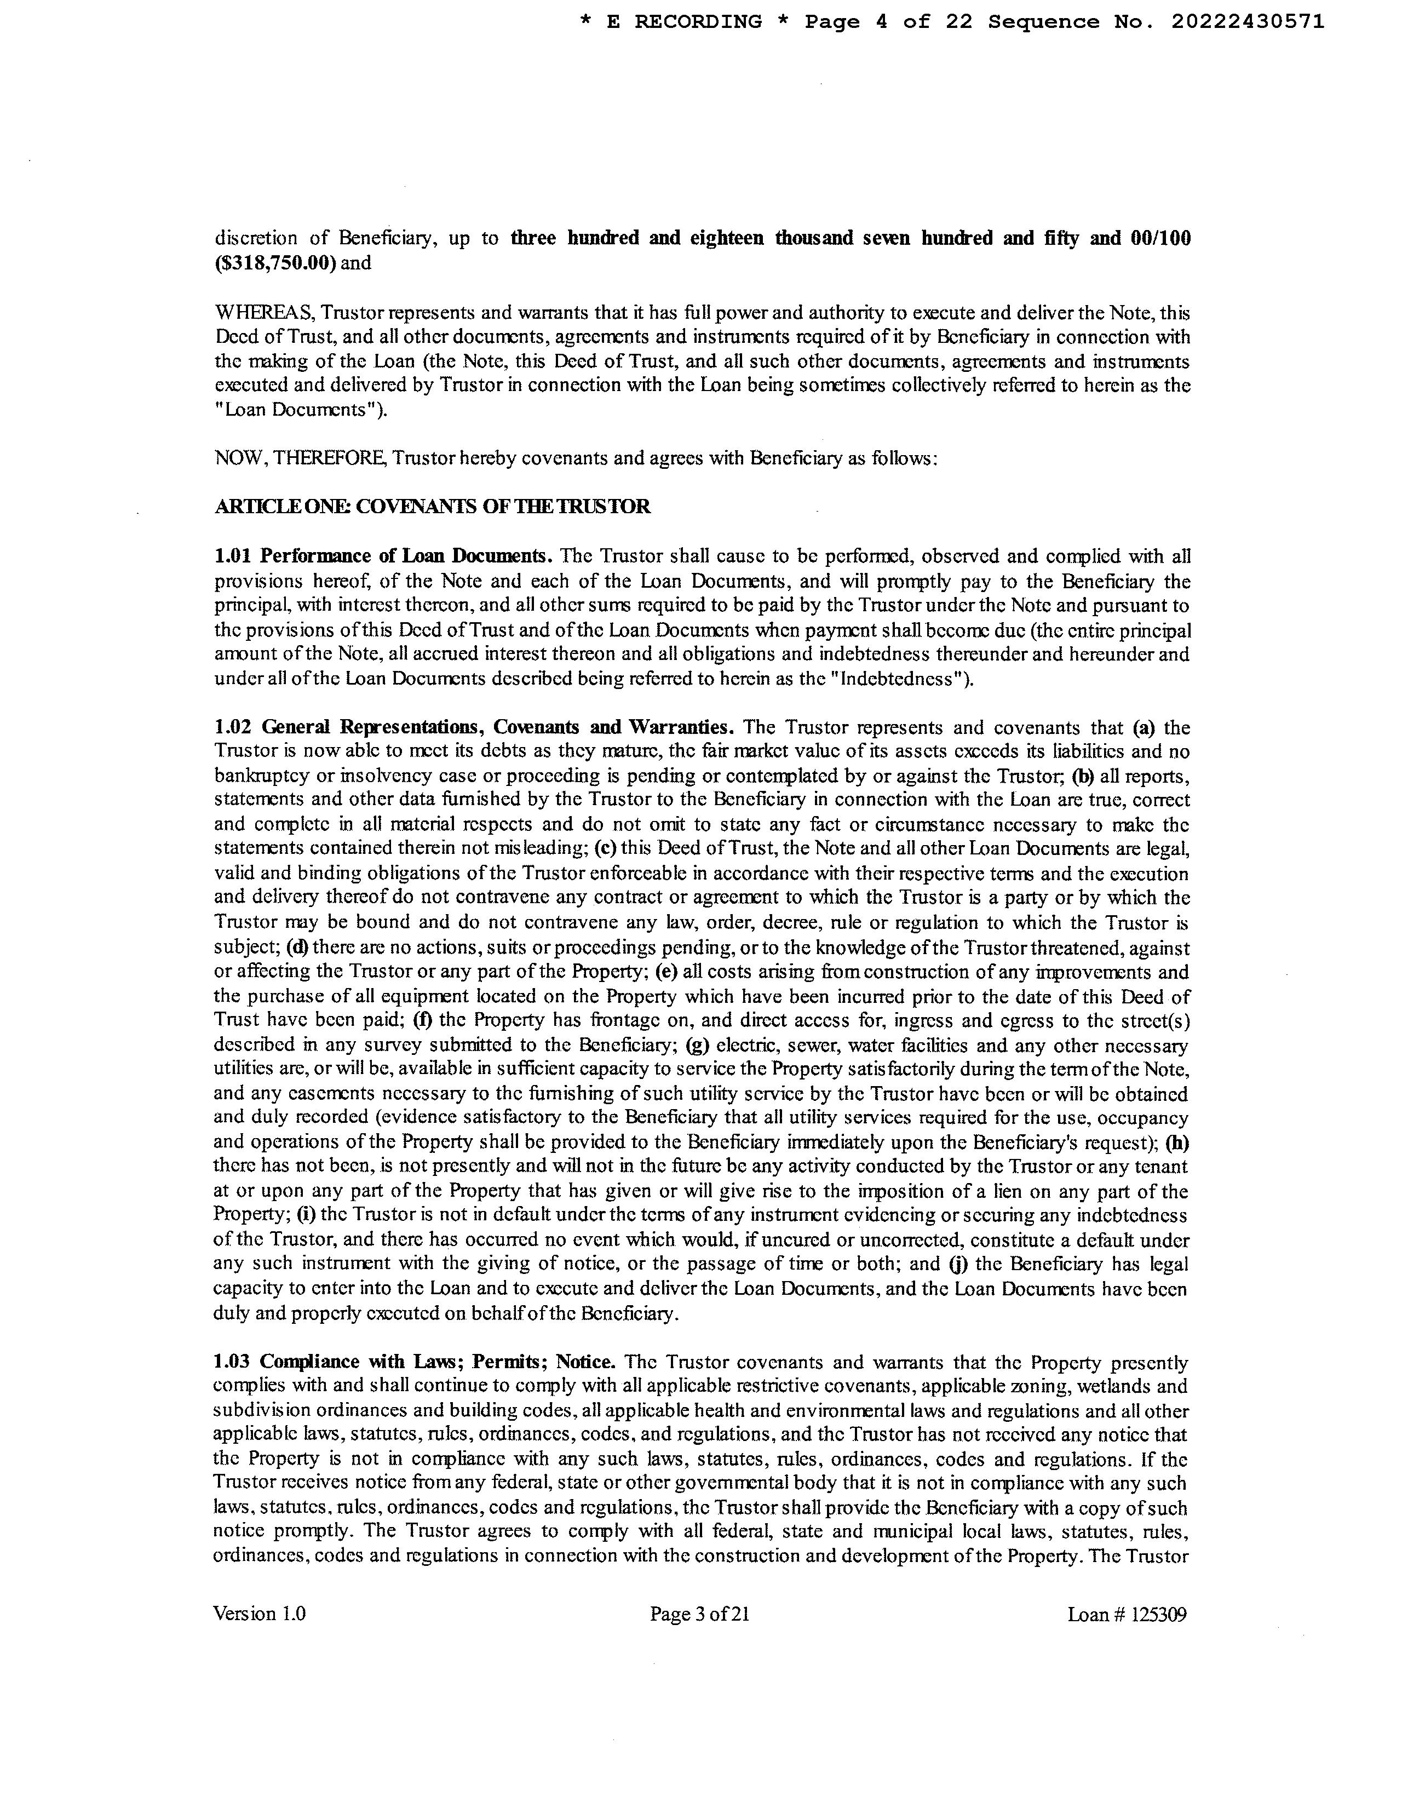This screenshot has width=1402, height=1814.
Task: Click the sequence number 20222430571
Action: click(1248, 22)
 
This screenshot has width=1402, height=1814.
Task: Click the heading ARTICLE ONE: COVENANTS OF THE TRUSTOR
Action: click(432, 507)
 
